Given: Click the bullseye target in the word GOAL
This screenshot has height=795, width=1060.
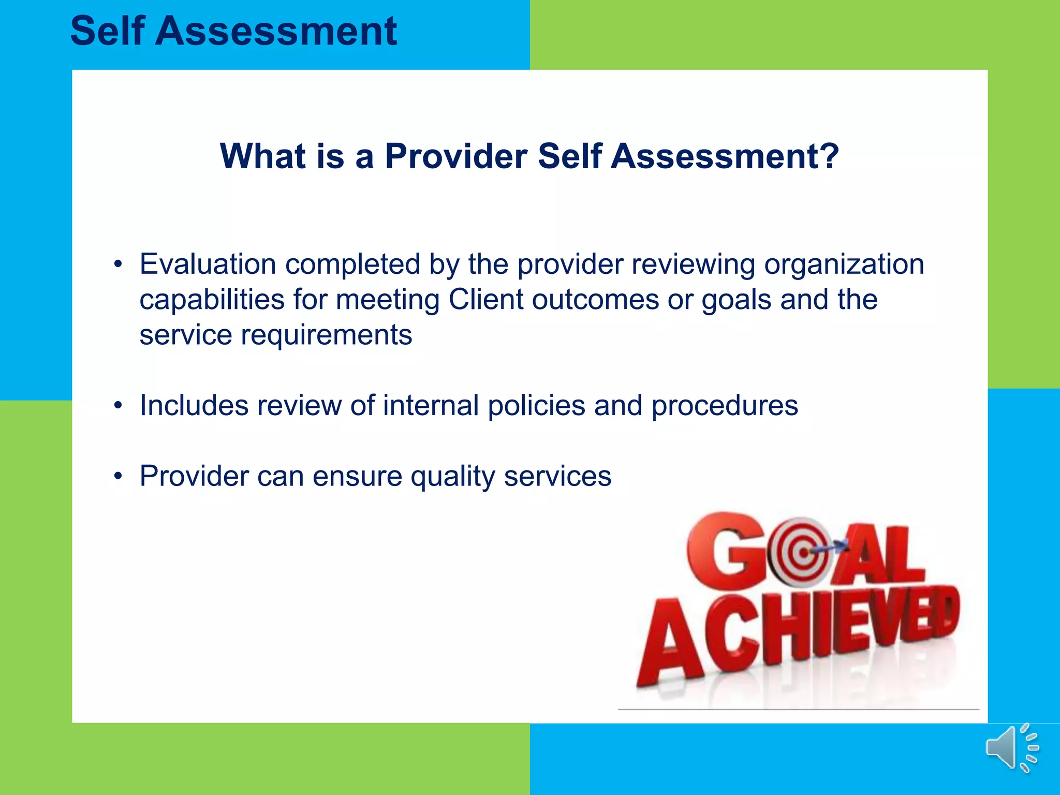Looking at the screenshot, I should click(802, 552).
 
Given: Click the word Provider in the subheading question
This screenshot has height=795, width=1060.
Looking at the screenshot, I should click(456, 156).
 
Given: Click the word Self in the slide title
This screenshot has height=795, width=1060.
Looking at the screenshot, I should click(107, 31).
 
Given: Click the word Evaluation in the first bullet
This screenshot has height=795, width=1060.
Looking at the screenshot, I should click(208, 264).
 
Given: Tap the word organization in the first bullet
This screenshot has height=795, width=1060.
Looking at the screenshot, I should click(844, 264).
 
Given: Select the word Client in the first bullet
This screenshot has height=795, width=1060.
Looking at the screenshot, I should click(485, 299).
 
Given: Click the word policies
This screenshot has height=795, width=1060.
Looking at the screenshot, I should click(536, 405).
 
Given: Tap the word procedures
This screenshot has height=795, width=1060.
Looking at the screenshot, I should click(725, 405).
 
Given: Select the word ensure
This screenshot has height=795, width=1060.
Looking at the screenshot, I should click(357, 476).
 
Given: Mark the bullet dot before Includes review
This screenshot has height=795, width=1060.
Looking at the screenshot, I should click(119, 405).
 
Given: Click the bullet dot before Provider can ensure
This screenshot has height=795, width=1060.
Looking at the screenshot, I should click(119, 476).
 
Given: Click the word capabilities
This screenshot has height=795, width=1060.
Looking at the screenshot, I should click(212, 299).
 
